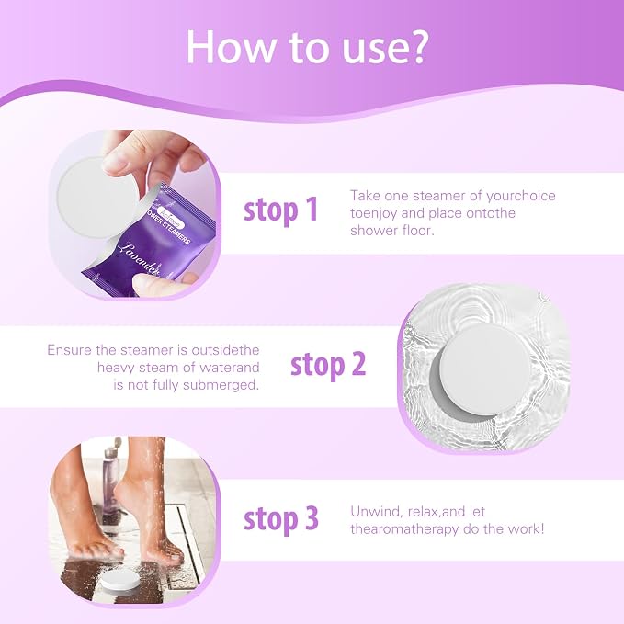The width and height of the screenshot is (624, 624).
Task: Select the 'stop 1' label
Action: [x=280, y=210]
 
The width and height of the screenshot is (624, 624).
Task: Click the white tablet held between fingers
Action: [x=97, y=196]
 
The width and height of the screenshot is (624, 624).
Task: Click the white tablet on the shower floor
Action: [x=119, y=580]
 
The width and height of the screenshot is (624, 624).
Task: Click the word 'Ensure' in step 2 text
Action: [x=70, y=350]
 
